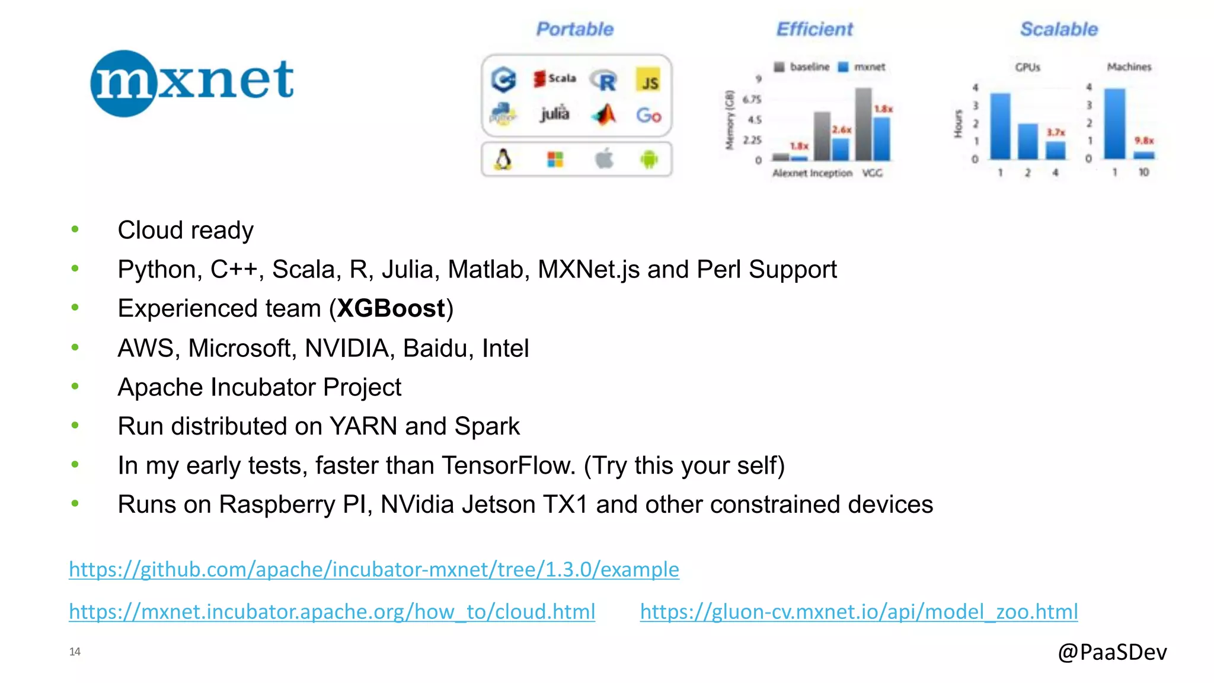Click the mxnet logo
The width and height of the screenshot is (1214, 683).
[191, 82]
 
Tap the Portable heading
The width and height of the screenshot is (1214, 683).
[574, 29]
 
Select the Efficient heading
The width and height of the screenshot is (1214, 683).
[814, 29]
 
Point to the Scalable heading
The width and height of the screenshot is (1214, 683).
[1059, 29]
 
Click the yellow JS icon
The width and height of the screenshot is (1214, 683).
[649, 81]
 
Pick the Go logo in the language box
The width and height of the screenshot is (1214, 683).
[648, 115]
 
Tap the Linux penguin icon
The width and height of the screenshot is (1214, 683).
[503, 159]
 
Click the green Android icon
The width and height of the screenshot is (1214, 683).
[649, 159]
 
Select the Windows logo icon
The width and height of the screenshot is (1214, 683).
[555, 159]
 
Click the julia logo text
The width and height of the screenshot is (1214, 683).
[554, 113]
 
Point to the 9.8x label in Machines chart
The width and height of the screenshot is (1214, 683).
[1143, 141]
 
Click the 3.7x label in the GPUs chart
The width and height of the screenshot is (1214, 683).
[1055, 132]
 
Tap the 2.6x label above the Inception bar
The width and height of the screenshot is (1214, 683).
[841, 129]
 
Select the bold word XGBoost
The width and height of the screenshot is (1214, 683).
[391, 308]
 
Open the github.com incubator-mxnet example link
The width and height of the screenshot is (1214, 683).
[373, 569]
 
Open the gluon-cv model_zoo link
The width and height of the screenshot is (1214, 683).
[858, 611]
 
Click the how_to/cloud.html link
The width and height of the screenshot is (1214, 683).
[332, 611]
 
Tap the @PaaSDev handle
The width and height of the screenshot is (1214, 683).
[1112, 652]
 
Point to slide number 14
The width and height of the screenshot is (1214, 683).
[75, 652]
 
